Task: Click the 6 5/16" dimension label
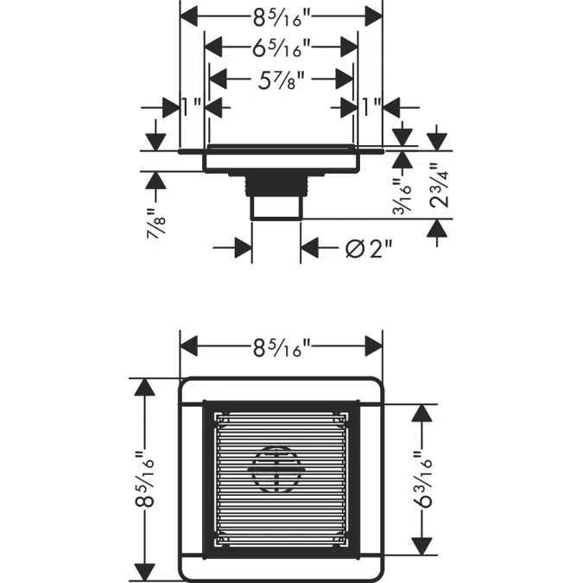[x=282, y=48]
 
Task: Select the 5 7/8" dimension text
[x=282, y=80]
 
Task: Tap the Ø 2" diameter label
[x=369, y=249]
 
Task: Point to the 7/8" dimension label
[x=155, y=223]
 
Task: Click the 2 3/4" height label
[x=440, y=185]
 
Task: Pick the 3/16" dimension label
[x=402, y=196]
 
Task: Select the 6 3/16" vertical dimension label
[x=422, y=479]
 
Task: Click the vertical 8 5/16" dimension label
[x=144, y=479]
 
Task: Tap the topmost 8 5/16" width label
[x=282, y=17]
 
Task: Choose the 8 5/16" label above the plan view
[x=282, y=348]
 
